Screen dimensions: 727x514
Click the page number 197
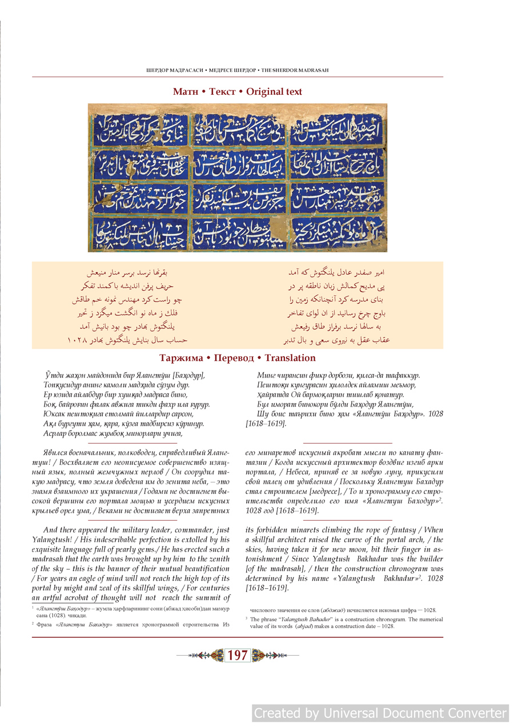(238, 655)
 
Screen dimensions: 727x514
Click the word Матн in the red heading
(188, 92)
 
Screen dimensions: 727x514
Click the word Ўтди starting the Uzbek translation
(54, 375)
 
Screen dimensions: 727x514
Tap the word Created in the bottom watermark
(277, 713)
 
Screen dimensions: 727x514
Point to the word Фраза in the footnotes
(44, 624)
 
